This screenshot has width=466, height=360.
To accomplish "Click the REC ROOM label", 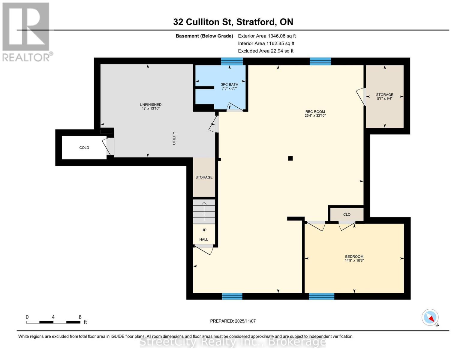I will coord(315,112).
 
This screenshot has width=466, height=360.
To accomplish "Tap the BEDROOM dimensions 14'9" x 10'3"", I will coord(354,261).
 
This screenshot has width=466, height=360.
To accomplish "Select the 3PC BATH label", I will coord(229,85).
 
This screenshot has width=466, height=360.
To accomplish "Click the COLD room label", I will coord(84,148).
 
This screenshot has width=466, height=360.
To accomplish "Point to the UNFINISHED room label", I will coord(151,105).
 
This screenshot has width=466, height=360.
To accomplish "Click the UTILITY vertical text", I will coord(174,138).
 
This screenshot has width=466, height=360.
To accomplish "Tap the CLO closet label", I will coord(347,214).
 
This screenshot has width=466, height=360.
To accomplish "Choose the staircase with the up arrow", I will coord(204,211).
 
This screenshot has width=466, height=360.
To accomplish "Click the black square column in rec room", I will coord(290,158).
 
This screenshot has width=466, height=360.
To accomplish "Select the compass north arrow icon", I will coord(430,317).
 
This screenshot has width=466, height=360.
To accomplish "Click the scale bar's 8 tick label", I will coord(80,317).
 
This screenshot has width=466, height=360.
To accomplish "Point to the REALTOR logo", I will coord(26,31).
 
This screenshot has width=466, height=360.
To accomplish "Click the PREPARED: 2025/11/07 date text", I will coord(233,321).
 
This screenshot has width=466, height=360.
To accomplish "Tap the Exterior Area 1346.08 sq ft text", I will coord(267,36).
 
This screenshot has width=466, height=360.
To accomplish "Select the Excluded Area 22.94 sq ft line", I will coord(266,51).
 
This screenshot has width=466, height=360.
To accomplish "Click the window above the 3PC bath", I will coord(232,61).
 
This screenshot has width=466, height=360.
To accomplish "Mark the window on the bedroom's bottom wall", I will coord(321,296).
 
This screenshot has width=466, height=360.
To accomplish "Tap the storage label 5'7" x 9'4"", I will coord(384,98).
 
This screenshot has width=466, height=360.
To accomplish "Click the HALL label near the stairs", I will coord(204,239).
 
